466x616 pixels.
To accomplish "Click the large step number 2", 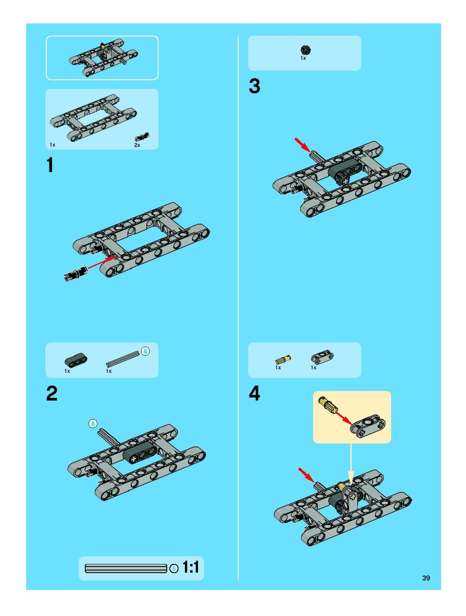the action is (52, 393).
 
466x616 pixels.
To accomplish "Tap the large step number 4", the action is (254, 393).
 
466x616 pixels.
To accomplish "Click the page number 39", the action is (426, 578).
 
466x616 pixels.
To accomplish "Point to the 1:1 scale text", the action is (191, 567).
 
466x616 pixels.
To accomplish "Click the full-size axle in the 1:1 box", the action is (126, 568).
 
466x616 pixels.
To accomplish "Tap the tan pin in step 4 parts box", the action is (283, 360).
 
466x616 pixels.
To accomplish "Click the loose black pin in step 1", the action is (75, 274).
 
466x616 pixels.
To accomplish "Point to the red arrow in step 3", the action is (303, 145).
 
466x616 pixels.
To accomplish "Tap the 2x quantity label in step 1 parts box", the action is (137, 145).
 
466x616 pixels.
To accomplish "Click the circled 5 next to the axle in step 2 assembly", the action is (93, 424).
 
